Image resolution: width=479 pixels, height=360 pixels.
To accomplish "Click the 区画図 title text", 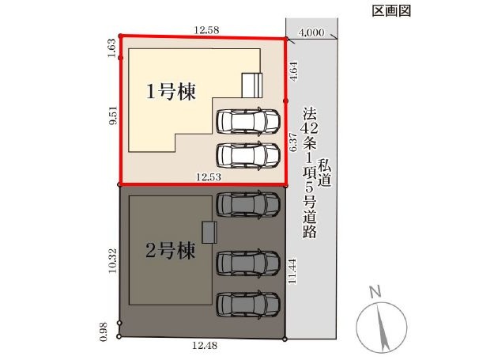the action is pyautogui.click(x=391, y=11).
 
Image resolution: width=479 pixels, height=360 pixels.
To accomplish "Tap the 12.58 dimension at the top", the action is pyautogui.click(x=207, y=29).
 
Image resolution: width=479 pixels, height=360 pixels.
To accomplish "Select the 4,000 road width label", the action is pyautogui.click(x=311, y=32).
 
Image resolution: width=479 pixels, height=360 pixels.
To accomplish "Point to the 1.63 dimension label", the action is pyautogui.click(x=111, y=47).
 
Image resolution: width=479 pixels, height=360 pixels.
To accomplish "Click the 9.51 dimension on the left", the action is pyautogui.click(x=112, y=116).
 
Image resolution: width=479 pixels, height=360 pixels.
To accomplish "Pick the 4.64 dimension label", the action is pyautogui.click(x=293, y=71).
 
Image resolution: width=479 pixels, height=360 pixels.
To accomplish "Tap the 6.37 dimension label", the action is pyautogui.click(x=293, y=142).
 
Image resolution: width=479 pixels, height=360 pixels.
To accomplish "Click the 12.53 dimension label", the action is pyautogui.click(x=209, y=176).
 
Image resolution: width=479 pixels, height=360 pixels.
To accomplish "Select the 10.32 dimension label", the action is pyautogui.click(x=112, y=260).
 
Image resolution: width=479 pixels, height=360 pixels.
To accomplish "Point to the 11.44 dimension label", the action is pyautogui.click(x=292, y=271).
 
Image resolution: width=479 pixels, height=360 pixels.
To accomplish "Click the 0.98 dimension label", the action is pyautogui.click(x=104, y=332).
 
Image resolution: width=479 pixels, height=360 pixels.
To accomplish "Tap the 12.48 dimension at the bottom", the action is pyautogui.click(x=205, y=346).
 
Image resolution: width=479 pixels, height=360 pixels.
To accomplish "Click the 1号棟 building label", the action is pyautogui.click(x=171, y=92).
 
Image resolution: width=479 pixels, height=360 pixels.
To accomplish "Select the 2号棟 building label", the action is pyautogui.click(x=170, y=250).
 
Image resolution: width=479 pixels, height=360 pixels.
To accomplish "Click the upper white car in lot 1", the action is pyautogui.click(x=248, y=121).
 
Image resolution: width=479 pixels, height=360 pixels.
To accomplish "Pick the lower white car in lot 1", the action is pyautogui.click(x=248, y=155).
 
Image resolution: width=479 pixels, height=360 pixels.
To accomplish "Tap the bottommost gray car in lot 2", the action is pyautogui.click(x=248, y=305).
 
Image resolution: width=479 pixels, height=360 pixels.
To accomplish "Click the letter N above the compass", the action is pyautogui.click(x=375, y=292).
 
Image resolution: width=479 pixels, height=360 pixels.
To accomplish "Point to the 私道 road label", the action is pyautogui.click(x=324, y=172).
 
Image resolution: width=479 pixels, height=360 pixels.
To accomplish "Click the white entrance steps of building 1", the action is pyautogui.click(x=252, y=85).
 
